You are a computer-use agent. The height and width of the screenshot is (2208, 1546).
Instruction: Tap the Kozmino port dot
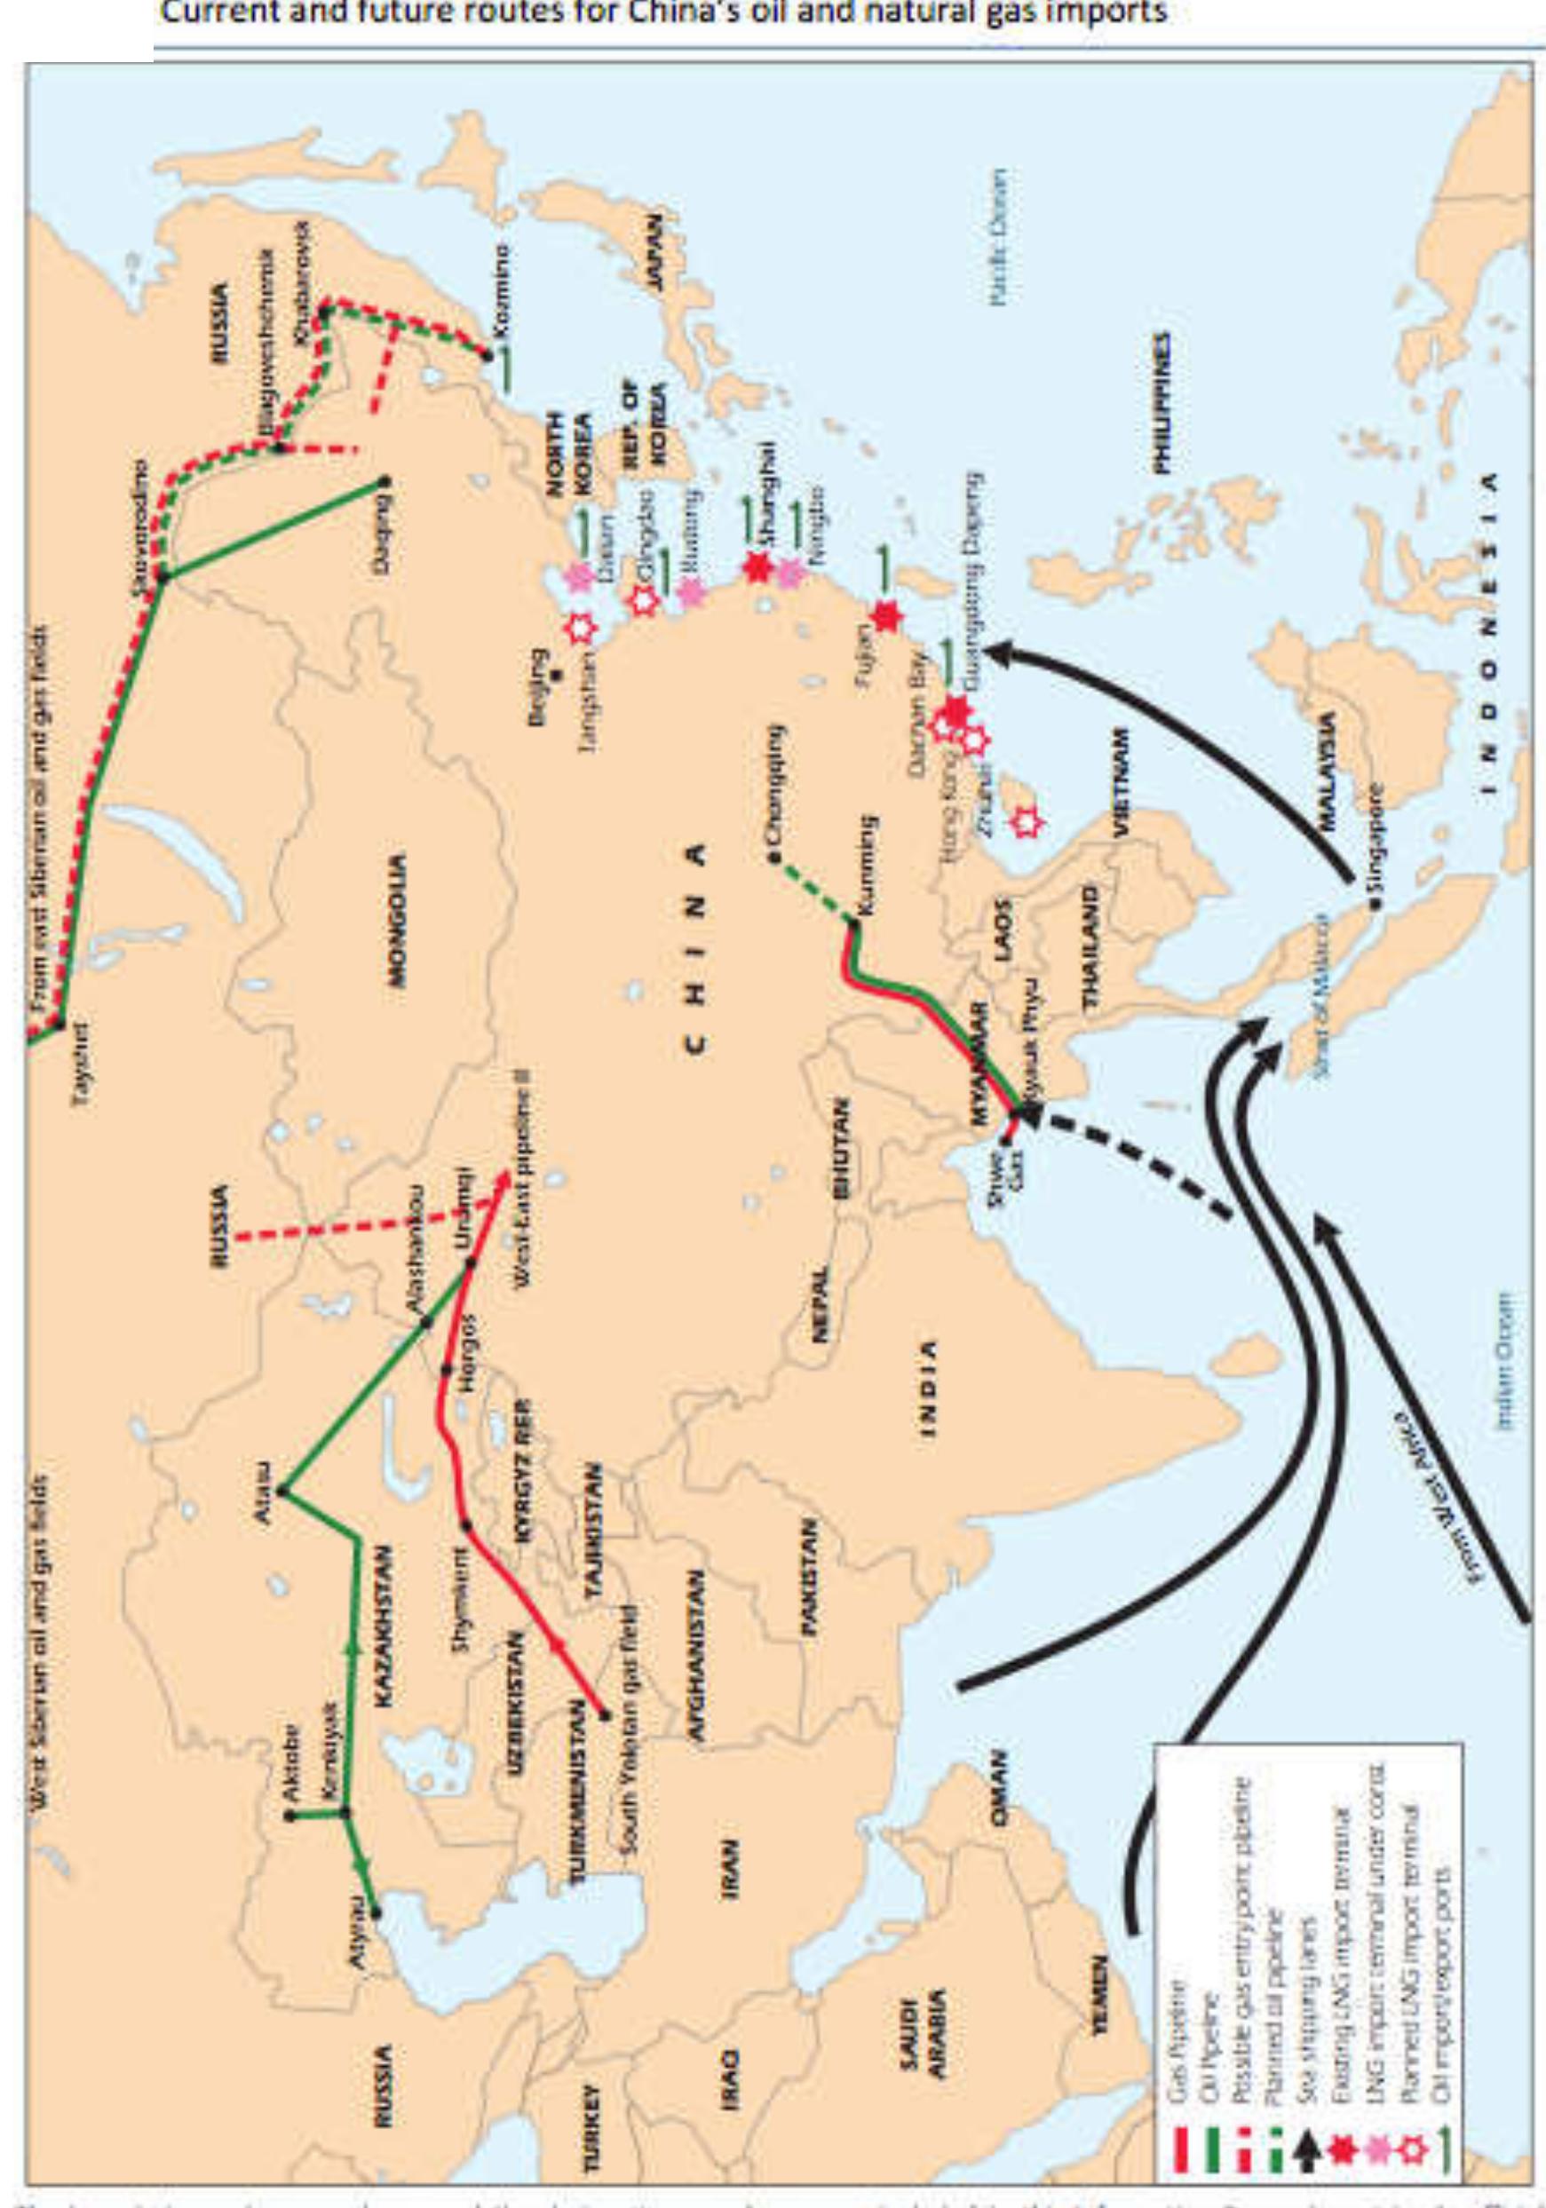tap(487, 356)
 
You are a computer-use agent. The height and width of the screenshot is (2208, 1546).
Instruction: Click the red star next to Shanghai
tap(759, 568)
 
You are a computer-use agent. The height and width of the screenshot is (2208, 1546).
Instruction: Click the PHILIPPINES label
tap(1163, 403)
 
